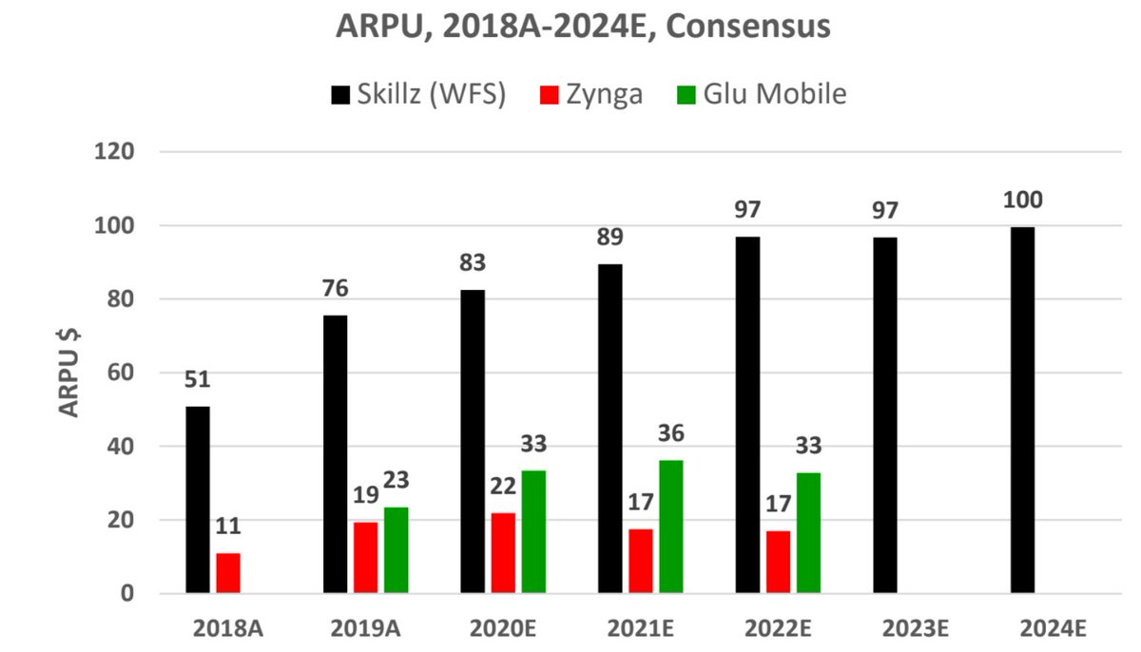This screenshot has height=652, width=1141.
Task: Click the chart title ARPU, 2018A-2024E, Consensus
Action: (583, 26)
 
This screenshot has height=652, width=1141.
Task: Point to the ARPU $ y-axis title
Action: (69, 372)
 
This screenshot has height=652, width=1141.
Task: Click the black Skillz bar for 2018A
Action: (198, 500)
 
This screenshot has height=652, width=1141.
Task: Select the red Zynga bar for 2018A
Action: (228, 573)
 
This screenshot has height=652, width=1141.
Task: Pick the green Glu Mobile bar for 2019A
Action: (396, 550)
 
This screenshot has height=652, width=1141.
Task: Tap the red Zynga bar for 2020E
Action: (503, 553)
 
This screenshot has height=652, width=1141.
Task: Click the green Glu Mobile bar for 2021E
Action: (671, 527)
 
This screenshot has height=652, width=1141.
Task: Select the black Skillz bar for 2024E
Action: (1022, 410)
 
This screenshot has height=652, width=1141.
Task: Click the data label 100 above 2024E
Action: (1022, 201)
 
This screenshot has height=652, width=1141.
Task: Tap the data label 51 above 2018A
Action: (198, 380)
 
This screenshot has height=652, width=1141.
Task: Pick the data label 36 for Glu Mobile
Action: (670, 433)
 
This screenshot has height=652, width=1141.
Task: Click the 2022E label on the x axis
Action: (778, 628)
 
